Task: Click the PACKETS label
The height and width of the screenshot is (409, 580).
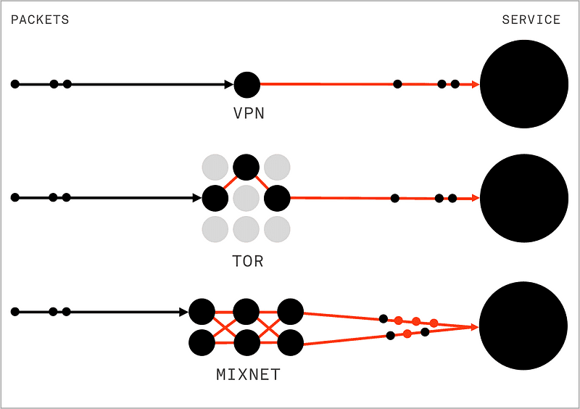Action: point(40,20)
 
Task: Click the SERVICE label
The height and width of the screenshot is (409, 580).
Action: point(531,20)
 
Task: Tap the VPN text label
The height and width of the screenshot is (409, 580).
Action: point(247,114)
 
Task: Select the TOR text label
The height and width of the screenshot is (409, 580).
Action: point(247,260)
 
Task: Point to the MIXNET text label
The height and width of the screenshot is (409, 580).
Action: point(248,375)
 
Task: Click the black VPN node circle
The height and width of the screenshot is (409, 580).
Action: point(247,85)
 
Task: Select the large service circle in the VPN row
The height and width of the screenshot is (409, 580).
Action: point(523,83)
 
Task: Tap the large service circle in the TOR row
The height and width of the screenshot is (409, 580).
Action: point(523,198)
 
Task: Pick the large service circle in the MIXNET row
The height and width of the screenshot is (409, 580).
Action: point(523,326)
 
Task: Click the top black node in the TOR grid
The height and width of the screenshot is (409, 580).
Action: point(246,167)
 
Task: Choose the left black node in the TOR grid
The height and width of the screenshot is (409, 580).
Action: point(215,197)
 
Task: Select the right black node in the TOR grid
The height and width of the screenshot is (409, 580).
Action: point(277,197)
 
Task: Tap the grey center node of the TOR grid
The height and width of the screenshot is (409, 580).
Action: point(246,197)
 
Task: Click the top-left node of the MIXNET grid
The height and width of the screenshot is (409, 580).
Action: point(202,312)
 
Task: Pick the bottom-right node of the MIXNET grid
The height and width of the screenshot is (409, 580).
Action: point(290,342)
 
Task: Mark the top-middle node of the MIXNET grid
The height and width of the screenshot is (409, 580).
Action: point(246,312)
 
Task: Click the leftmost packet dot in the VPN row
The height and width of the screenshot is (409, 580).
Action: point(15,84)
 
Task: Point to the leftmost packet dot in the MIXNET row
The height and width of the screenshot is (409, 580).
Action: point(15,312)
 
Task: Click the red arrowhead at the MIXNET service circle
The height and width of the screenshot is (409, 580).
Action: point(475,327)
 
